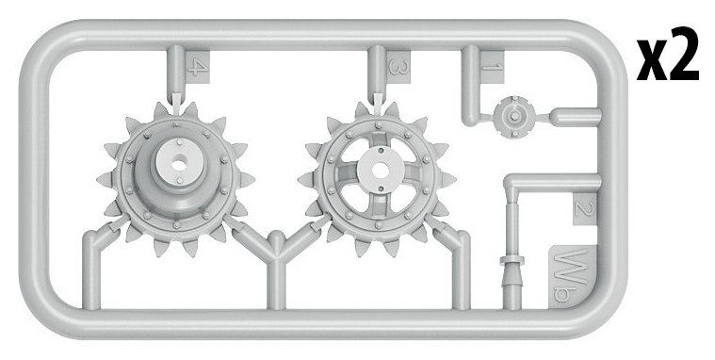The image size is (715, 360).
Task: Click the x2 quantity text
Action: click(668, 55)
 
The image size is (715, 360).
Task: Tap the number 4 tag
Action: click(198, 67)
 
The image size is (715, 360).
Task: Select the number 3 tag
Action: click(398, 67)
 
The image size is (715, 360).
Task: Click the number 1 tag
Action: click(493, 67)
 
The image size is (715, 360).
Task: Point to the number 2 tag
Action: click(585, 209)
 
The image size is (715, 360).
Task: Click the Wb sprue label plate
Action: click(572, 277)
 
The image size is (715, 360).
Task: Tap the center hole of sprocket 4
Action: click(179, 164)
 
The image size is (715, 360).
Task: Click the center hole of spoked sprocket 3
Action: click(380, 171)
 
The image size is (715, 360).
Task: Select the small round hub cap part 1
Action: click(514, 116)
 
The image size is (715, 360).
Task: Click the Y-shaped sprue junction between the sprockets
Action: click(277, 246)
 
